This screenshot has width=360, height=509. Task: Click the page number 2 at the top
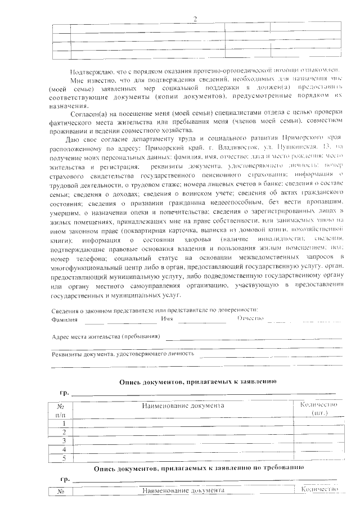click(x=195, y=19)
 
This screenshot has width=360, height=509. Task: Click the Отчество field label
click(x=251, y=319)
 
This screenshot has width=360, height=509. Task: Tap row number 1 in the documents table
click(x=64, y=423)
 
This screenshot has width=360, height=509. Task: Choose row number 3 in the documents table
click(x=64, y=440)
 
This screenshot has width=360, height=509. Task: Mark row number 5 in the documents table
click(x=64, y=458)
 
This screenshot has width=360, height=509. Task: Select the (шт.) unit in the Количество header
click(x=319, y=413)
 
